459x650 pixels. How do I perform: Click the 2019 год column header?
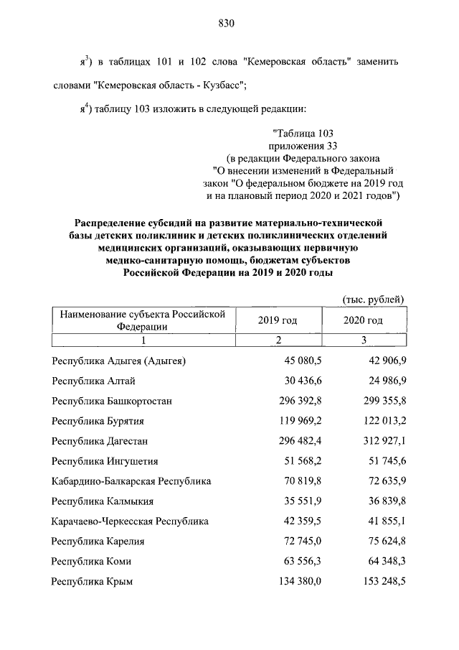click(x=277, y=320)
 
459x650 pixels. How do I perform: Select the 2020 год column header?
click(x=364, y=320)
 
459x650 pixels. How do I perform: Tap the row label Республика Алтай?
click(x=93, y=380)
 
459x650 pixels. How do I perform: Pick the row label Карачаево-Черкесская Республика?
click(x=130, y=521)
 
